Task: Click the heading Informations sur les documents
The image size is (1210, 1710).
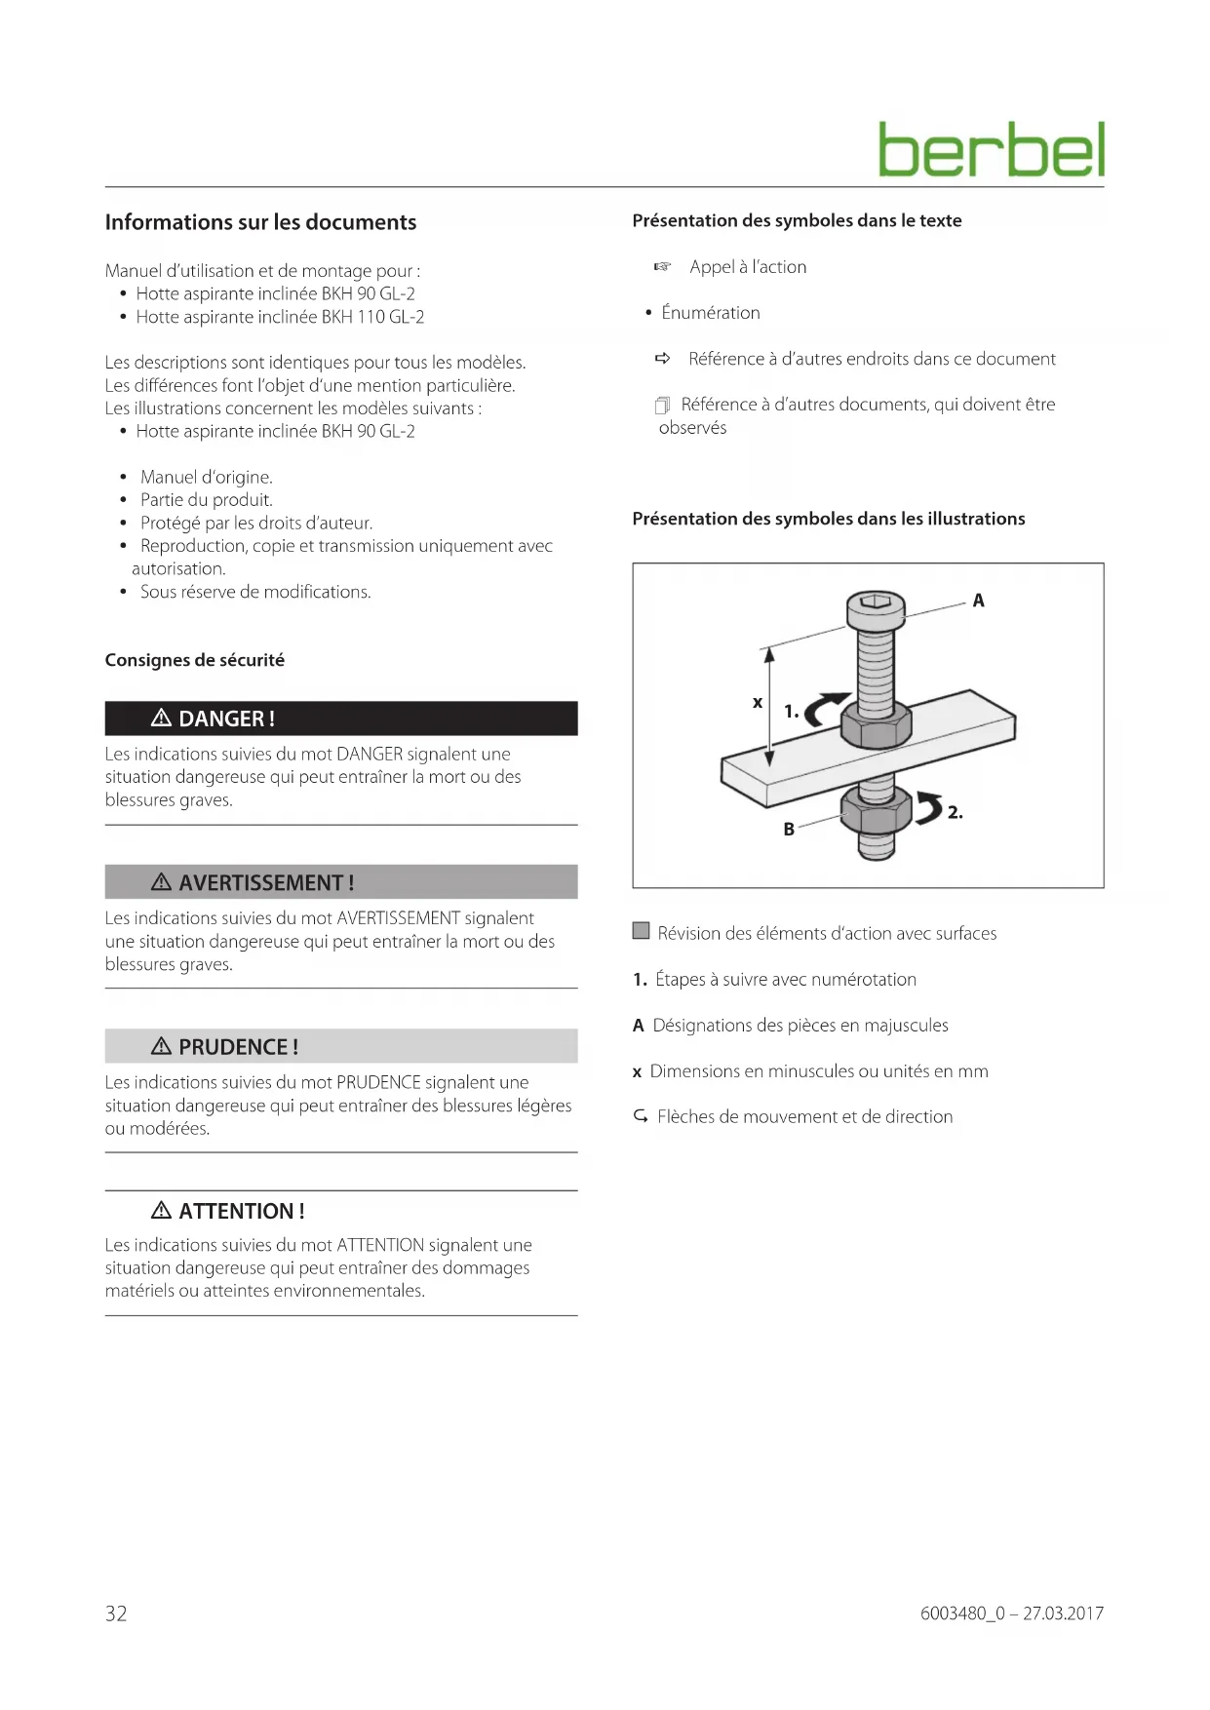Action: [x=260, y=222]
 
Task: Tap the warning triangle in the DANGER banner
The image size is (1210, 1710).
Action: [x=162, y=719]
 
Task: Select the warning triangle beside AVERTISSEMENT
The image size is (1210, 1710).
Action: [x=162, y=882]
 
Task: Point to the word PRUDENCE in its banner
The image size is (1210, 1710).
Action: [x=233, y=1047]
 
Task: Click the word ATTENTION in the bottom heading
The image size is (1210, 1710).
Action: [x=236, y=1211]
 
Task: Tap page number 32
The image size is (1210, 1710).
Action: [x=116, y=1613]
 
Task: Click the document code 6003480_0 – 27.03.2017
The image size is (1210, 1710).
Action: [x=1011, y=1613]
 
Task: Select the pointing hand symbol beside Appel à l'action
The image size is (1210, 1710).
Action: [x=663, y=267]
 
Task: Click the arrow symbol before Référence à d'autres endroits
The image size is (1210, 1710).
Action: [x=663, y=359]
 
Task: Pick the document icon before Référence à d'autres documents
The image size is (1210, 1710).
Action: [x=663, y=405]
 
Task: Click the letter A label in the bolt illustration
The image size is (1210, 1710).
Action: [x=978, y=601]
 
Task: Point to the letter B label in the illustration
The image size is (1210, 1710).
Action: [x=789, y=830]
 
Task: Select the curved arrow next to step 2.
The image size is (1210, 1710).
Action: [x=928, y=807]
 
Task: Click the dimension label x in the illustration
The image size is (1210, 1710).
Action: [x=757, y=702]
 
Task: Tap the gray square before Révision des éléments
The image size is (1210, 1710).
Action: [x=641, y=931]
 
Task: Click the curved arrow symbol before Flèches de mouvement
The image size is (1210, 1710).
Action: [x=641, y=1116]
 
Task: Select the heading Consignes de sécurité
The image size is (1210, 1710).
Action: [x=195, y=660]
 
